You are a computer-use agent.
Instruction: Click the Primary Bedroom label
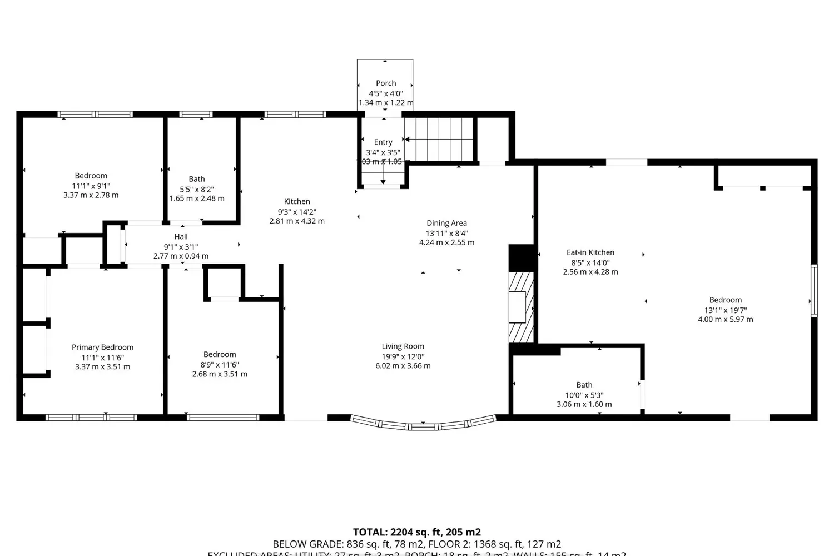coord(102,348)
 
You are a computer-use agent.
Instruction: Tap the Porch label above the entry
coord(386,83)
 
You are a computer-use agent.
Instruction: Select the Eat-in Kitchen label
coord(590,252)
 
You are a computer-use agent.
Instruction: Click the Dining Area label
coord(446,223)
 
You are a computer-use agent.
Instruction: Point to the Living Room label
coord(403,346)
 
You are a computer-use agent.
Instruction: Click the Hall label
coord(181,237)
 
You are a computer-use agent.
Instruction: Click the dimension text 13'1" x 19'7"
coord(725,310)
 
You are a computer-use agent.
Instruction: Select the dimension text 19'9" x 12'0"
coord(403,356)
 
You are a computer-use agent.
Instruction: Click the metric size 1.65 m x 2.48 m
coord(197,198)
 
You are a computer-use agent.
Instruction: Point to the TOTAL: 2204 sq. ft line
coord(416,532)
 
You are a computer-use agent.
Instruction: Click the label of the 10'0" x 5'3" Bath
coord(584,385)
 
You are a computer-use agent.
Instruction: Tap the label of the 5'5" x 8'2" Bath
coord(197,179)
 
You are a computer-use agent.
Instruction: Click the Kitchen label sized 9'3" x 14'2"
coord(297,202)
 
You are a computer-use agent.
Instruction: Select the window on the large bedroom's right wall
coord(814,291)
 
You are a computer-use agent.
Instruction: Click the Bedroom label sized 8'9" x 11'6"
coord(220,355)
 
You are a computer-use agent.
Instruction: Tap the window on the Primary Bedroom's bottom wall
coord(91,417)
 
